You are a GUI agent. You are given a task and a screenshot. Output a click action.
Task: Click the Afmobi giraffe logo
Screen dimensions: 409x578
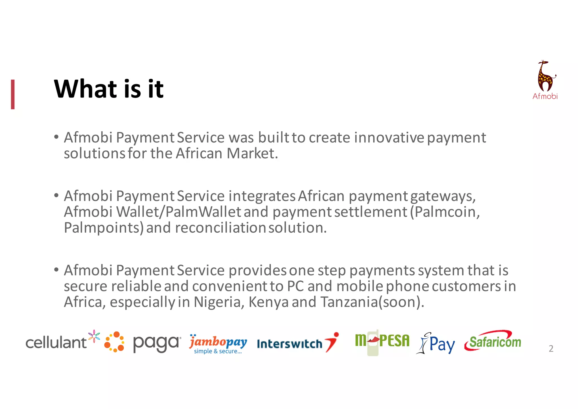pyautogui.click(x=545, y=80)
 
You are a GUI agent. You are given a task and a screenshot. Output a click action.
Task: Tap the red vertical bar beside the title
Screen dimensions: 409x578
pyautogui.click(x=13, y=94)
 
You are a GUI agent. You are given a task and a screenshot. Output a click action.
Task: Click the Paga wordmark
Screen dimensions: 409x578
pyautogui.click(x=156, y=343)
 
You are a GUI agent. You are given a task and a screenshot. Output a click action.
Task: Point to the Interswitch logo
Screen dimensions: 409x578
pyautogui.click(x=297, y=343)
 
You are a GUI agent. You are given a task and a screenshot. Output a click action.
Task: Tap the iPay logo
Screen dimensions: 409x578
pyautogui.click(x=436, y=343)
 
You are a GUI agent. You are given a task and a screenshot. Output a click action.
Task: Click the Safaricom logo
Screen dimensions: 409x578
pyautogui.click(x=493, y=341)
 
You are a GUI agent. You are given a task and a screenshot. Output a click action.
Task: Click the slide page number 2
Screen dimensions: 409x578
pyautogui.click(x=551, y=349)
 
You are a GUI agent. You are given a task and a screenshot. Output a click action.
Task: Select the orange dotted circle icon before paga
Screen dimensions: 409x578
pyautogui.click(x=114, y=342)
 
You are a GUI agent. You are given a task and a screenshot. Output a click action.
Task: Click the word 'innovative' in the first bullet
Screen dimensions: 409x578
pyautogui.click(x=389, y=138)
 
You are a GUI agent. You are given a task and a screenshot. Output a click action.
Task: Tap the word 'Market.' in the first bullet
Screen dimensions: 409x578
pyautogui.click(x=252, y=153)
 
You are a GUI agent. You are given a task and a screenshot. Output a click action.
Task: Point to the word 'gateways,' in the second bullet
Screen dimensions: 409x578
pyautogui.click(x=443, y=196)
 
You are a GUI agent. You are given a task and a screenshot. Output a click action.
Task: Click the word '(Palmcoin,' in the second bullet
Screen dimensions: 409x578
pyautogui.click(x=445, y=212)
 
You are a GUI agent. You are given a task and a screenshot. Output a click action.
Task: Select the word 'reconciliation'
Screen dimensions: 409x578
pyautogui.click(x=220, y=228)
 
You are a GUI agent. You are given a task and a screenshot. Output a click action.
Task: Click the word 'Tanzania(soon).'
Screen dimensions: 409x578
pyautogui.click(x=372, y=302)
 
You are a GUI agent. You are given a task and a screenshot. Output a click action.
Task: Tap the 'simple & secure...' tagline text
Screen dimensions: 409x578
pyautogui.click(x=218, y=351)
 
